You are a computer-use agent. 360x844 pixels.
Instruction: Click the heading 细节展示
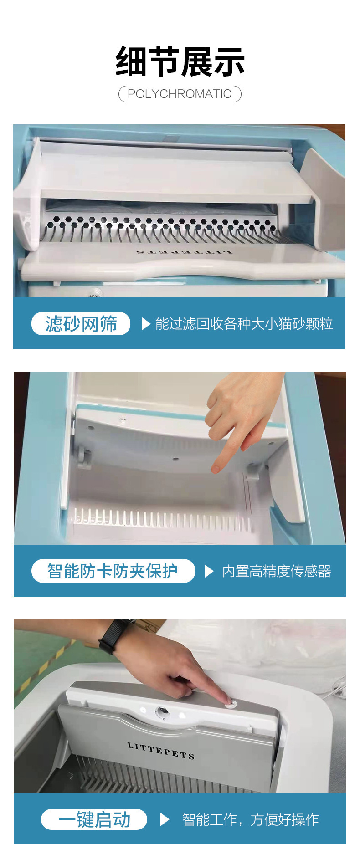(180, 62)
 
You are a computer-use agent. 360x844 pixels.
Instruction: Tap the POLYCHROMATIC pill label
(180, 94)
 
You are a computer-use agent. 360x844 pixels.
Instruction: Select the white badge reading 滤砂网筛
(81, 324)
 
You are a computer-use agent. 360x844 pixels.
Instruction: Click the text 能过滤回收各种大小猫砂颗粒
(244, 324)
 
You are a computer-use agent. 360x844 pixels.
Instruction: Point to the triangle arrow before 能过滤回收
(146, 324)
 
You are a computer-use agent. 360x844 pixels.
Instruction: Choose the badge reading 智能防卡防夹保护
(113, 571)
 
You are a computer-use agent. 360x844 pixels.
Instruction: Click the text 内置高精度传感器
(276, 571)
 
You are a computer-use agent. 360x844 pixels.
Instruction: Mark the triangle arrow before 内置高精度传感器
(209, 571)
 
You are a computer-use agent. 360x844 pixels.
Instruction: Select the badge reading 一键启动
(94, 819)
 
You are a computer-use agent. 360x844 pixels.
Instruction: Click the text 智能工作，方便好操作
(250, 819)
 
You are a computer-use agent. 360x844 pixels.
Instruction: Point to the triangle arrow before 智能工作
(165, 819)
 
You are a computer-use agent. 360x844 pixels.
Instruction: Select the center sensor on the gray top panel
(161, 712)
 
